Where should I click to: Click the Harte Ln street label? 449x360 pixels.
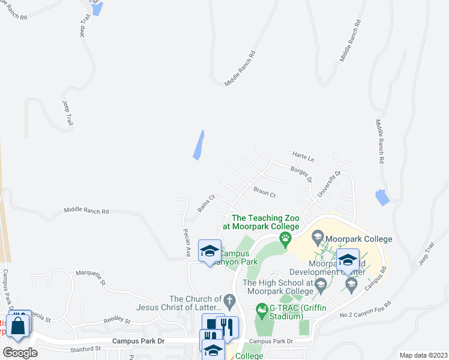click(x=303, y=157)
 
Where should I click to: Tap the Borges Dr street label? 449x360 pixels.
click(x=301, y=175)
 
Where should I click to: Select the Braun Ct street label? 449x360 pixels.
click(x=264, y=192)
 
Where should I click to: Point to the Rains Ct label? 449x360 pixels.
click(x=206, y=203)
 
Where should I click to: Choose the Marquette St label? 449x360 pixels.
click(x=91, y=277)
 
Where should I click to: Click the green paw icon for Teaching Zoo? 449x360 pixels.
click(x=285, y=240)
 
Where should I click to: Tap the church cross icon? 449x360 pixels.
click(x=228, y=299)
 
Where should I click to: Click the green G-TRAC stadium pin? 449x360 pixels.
click(x=261, y=311)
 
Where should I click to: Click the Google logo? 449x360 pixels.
click(x=19, y=353)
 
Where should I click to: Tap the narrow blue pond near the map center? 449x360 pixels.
click(x=199, y=145)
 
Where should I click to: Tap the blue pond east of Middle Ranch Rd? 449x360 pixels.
click(x=382, y=197)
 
